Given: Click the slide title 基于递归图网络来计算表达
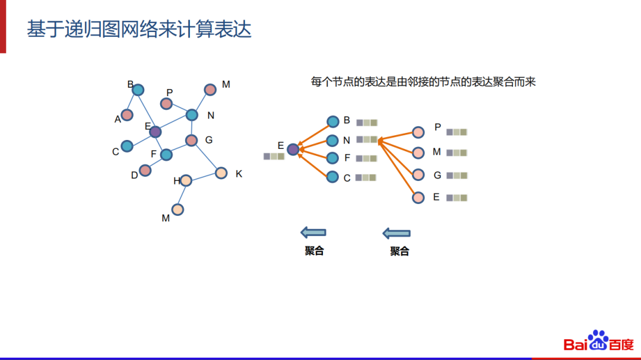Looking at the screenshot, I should coord(139,29).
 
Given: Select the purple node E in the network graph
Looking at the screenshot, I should coord(155,132).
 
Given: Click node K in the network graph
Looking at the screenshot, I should coord(221,173).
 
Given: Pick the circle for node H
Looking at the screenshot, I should coord(186,180).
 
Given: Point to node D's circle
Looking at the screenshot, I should coord(145,171).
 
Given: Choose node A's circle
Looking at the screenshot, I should coord(127,115).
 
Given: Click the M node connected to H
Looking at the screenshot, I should coord(177,209).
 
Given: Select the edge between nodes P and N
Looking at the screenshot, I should coord(179,109).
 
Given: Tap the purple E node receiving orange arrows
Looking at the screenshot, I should coord(293,149).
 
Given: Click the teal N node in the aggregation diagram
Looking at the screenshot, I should coord(332,141).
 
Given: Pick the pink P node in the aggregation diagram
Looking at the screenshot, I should coord(418,132).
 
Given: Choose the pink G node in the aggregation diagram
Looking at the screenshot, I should coord(418,175).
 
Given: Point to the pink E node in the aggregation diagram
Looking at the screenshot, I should coord(418,197).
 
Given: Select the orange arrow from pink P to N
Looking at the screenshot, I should coord(398,136).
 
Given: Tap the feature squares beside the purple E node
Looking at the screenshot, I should coord(274,157).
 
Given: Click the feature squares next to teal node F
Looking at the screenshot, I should coord(366,158).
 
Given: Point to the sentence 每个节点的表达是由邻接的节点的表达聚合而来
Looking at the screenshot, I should coord(423,82).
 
